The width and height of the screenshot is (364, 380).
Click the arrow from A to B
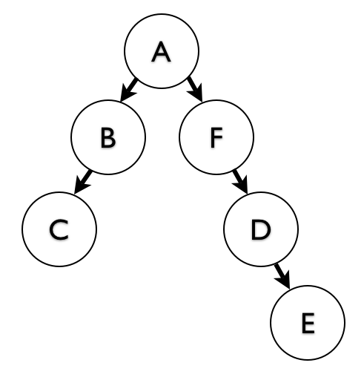pos(128,90)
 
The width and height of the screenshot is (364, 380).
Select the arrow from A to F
pos(195,89)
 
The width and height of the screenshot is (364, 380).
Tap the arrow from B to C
pos(83,182)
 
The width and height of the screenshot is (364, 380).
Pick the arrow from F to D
pos(240,181)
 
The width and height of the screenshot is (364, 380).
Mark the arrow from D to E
pos(282,276)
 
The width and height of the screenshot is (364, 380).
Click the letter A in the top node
pos(161,52)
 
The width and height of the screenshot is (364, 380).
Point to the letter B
pos(108,137)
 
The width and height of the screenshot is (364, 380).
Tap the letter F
pos(216,137)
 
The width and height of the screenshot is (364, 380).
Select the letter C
pos(59,229)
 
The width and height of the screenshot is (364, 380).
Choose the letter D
pos(261,229)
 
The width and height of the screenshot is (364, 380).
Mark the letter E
pos(308,323)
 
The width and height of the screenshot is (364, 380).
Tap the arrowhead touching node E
pos(284,280)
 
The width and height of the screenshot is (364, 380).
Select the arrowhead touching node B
pos(126,94)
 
